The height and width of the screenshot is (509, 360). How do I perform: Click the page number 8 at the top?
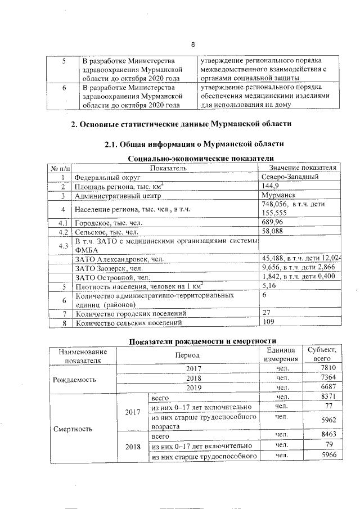pyautogui.click(x=192, y=45)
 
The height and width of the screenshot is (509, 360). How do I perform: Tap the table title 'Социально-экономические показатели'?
pyautogui.click(x=193, y=159)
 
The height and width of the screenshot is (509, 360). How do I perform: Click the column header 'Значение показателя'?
pyautogui.click(x=303, y=168)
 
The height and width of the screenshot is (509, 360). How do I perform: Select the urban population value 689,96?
pyautogui.click(x=275, y=223)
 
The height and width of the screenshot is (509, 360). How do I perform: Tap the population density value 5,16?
pyautogui.click(x=270, y=287)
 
